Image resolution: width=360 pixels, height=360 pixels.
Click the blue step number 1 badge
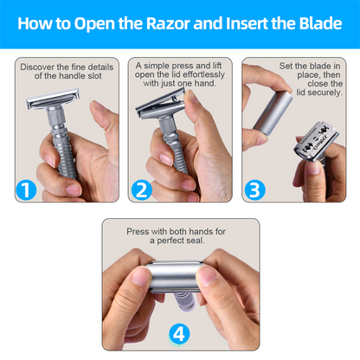(26, 190)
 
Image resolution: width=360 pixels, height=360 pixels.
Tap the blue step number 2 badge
(140, 190)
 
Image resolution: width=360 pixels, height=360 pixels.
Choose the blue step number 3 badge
(254, 190)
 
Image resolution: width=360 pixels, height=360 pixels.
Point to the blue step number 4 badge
(179, 331)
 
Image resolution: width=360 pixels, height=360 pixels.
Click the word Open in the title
(95, 23)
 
